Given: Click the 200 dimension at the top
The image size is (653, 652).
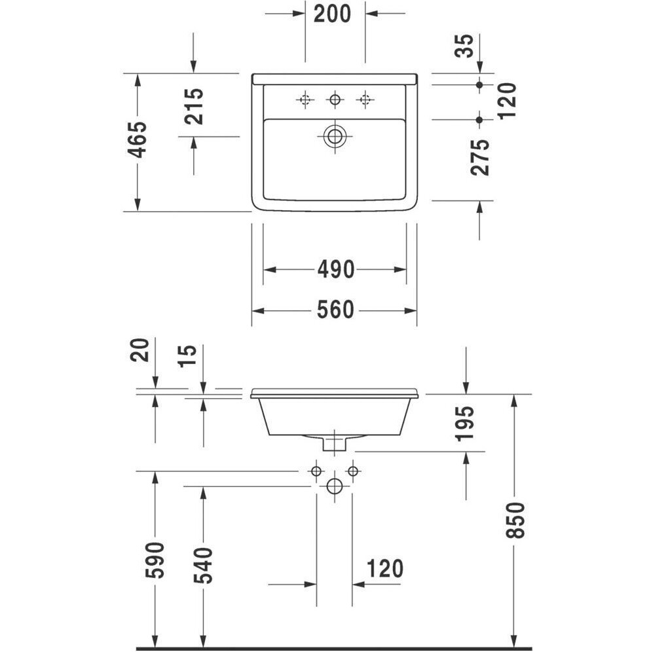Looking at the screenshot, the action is click(x=332, y=14).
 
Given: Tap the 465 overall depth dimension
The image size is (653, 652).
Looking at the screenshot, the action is click(x=138, y=140).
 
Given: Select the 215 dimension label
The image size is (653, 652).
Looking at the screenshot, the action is click(x=195, y=107).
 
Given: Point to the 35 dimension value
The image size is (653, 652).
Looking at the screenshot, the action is click(x=464, y=46).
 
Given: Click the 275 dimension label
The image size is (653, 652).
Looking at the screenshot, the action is click(x=480, y=157).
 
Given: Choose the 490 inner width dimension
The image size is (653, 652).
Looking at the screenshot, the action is click(x=335, y=270).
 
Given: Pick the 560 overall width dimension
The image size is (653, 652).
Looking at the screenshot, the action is click(x=335, y=310).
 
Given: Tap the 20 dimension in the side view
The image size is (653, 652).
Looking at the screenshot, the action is click(x=140, y=350).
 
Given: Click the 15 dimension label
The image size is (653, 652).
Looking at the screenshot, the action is click(x=187, y=356).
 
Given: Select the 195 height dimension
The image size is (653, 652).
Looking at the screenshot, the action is click(x=465, y=424).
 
